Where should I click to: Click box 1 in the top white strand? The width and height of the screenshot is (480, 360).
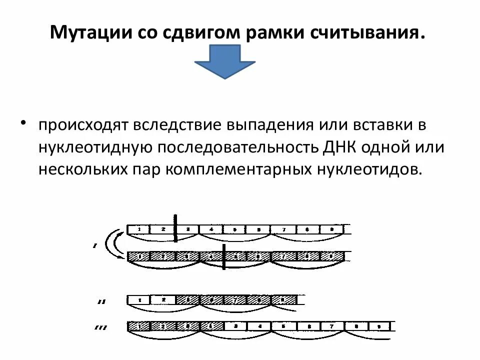(139, 229)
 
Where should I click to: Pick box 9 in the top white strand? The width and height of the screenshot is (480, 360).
(331, 229)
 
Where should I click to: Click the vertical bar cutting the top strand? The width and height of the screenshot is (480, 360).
(176, 227)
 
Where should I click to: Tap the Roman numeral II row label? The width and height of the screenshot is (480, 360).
(101, 301)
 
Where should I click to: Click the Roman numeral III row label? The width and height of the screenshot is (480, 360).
(101, 328)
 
